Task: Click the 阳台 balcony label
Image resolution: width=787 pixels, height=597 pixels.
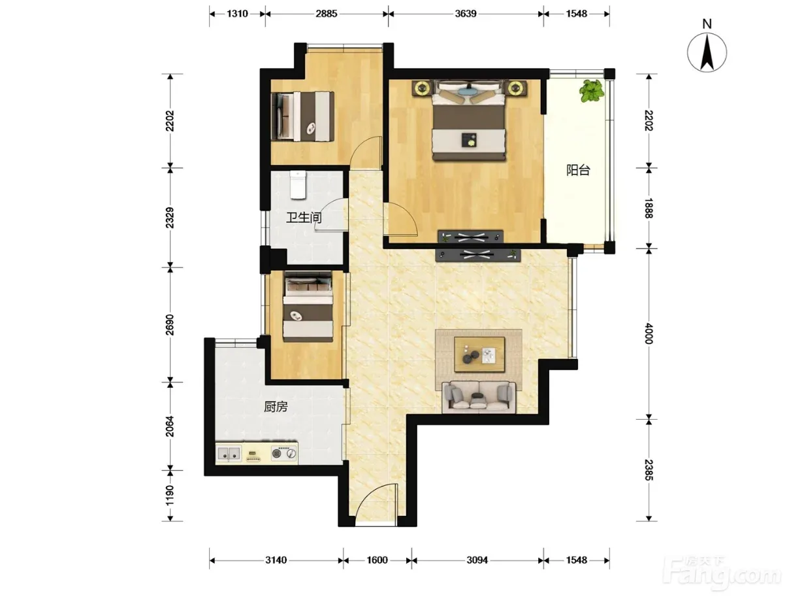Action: (x=577, y=170)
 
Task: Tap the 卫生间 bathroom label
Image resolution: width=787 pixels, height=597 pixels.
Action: (x=303, y=217)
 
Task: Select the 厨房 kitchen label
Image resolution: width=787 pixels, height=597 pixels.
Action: (x=276, y=407)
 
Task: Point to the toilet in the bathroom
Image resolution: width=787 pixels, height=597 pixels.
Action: (x=298, y=184)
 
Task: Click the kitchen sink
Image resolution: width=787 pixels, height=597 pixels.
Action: (x=229, y=454)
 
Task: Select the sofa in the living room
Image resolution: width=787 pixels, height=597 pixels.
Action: (x=478, y=397)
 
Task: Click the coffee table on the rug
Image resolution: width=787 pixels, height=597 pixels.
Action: (x=479, y=354)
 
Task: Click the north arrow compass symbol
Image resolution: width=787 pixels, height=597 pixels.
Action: (x=707, y=52)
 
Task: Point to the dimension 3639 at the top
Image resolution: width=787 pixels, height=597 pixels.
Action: (x=466, y=14)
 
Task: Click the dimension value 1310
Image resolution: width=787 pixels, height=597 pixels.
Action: (x=237, y=14)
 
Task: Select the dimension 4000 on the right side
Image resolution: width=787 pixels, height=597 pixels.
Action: (x=649, y=333)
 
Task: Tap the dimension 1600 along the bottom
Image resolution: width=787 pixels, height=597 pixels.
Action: (x=377, y=560)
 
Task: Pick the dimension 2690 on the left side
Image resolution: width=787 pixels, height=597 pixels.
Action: (x=169, y=324)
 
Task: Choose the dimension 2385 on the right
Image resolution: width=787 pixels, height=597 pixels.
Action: (x=649, y=470)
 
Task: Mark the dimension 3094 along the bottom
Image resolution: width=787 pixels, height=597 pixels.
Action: (x=477, y=560)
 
